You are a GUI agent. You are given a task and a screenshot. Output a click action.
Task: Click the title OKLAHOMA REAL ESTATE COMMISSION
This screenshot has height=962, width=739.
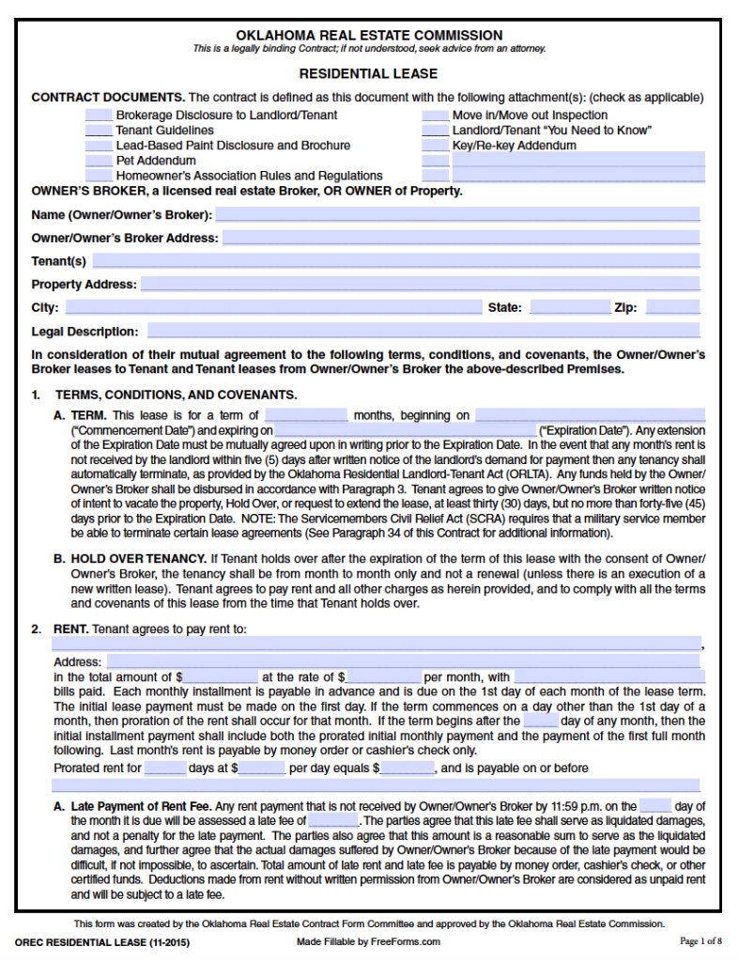tap(369, 35)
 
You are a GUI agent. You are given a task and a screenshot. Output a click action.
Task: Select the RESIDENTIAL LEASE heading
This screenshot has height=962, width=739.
tap(368, 73)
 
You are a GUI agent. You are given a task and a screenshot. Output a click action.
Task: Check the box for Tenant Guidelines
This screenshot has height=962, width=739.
tap(99, 131)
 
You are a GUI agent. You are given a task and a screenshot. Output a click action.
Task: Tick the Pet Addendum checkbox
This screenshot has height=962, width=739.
tap(99, 161)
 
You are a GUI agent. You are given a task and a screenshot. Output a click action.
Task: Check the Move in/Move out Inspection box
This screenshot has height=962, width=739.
tap(435, 116)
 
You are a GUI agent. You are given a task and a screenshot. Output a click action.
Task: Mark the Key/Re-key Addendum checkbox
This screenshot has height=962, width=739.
tap(435, 146)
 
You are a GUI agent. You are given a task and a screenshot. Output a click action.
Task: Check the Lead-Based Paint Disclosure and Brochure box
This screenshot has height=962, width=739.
tap(99, 146)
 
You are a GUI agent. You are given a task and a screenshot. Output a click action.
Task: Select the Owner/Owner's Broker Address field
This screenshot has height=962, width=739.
tap(461, 238)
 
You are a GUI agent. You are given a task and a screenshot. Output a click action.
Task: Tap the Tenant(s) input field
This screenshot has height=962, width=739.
tap(395, 261)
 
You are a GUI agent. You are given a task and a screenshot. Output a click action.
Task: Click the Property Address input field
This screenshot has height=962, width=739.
tap(420, 284)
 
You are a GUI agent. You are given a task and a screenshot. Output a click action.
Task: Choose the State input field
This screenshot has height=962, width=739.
tap(570, 307)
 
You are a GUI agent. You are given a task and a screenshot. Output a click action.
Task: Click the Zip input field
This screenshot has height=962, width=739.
tap(672, 307)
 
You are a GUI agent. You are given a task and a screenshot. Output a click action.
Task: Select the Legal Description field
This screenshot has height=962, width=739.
tap(423, 331)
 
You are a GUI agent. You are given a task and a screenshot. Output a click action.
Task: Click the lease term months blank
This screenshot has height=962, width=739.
tap(306, 415)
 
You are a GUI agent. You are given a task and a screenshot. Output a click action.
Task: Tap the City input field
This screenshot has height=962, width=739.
tap(272, 307)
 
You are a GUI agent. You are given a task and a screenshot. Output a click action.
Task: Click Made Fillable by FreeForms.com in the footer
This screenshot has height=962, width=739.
tap(368, 941)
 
